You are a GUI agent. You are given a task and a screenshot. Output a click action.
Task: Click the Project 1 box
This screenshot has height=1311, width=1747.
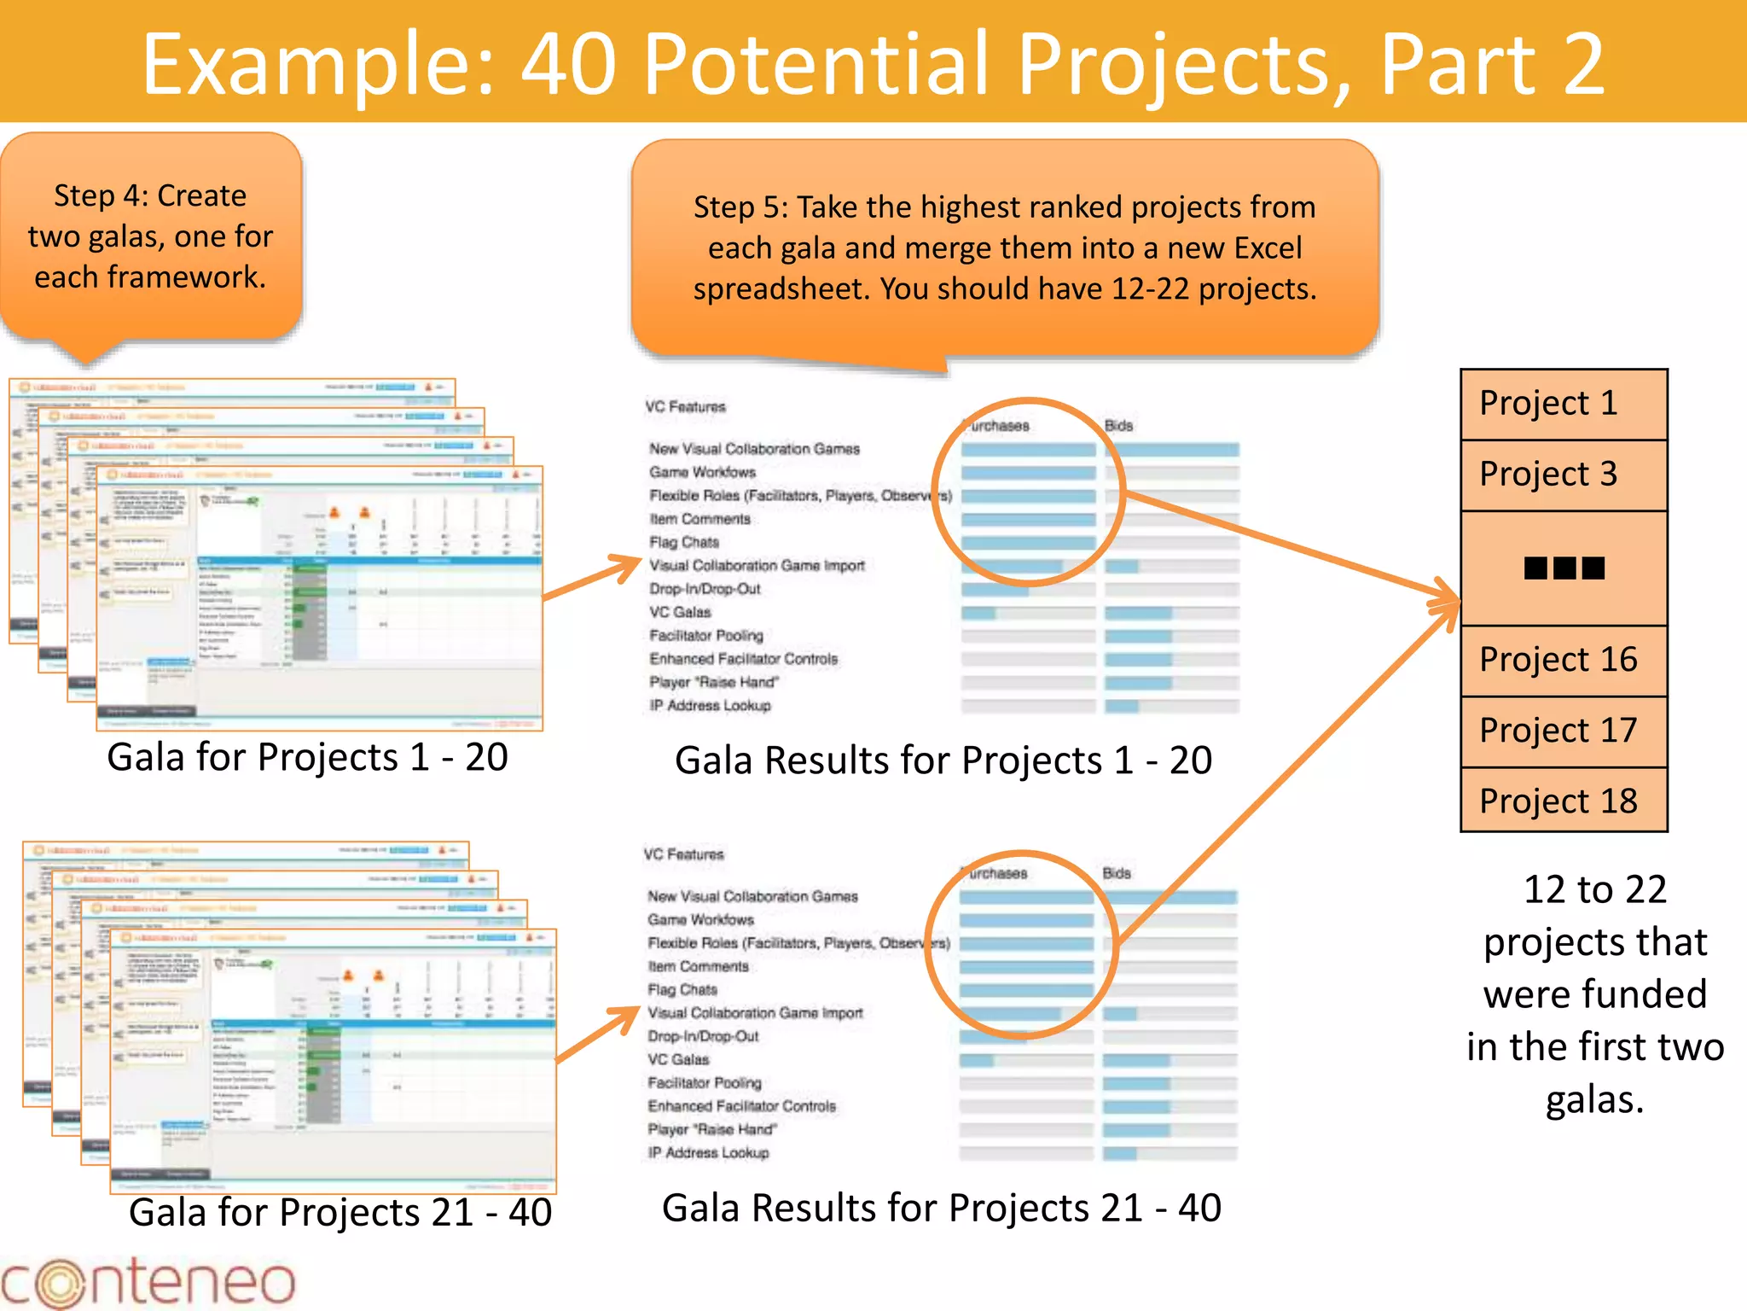click(1563, 404)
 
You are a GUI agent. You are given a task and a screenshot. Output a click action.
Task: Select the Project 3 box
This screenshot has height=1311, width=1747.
click(1563, 475)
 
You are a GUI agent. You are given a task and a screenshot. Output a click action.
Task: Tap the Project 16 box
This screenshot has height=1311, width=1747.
click(1563, 660)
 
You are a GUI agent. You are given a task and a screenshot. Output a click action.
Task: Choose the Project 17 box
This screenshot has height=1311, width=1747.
click(1563, 731)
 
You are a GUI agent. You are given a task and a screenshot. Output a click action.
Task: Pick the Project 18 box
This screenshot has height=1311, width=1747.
click(1563, 801)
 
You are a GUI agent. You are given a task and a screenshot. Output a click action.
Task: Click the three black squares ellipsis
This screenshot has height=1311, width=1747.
click(1564, 568)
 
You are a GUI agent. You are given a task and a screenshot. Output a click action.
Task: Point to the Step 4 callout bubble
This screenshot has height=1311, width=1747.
click(150, 237)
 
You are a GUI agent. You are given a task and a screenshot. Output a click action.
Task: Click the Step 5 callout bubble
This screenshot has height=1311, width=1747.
click(1004, 248)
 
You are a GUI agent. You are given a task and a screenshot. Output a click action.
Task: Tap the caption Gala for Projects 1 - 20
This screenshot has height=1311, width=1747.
click(307, 757)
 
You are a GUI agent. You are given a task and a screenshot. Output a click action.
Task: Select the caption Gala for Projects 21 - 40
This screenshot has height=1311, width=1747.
click(340, 1212)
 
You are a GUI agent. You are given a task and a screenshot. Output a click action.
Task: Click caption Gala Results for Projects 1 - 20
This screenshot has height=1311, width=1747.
click(943, 760)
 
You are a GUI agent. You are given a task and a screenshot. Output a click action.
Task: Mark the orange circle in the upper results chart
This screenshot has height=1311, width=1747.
click(1028, 492)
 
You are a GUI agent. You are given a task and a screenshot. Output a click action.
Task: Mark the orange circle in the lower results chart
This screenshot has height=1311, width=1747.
click(1022, 944)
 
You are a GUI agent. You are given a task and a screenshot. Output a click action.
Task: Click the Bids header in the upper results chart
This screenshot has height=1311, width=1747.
click(1118, 425)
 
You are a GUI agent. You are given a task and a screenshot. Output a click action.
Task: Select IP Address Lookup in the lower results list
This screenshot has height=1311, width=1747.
click(708, 1153)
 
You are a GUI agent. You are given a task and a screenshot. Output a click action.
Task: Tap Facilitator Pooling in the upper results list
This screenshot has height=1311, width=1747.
click(705, 636)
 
